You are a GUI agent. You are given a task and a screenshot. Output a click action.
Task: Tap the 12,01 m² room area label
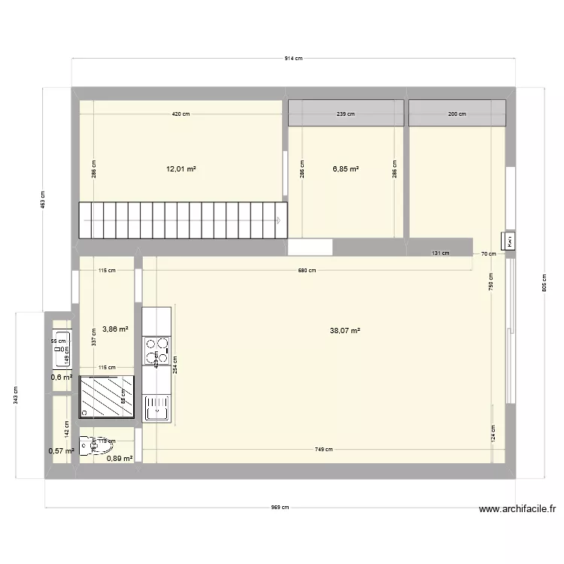pos(181,170)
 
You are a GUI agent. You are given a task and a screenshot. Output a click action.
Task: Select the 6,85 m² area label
pos(346,170)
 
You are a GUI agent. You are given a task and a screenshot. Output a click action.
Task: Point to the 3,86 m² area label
pos(115,329)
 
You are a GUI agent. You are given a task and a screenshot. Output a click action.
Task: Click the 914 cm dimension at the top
pos(293,58)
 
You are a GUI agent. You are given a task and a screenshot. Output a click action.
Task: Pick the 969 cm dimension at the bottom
pos(280,508)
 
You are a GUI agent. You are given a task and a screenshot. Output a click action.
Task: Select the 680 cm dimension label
pos(307,271)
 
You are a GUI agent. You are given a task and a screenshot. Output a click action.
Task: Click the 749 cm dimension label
pos(324,450)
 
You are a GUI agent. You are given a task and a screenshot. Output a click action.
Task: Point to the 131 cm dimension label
pos(441,253)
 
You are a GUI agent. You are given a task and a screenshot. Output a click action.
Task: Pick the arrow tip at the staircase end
pos(280,220)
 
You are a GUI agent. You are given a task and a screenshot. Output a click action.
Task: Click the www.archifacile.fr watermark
pos(517,509)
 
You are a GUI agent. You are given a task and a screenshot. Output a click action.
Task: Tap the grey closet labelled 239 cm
pos(346,114)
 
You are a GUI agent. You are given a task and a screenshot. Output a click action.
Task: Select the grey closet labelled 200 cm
pos(457,114)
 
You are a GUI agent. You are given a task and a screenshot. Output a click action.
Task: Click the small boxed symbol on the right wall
pos(510,241)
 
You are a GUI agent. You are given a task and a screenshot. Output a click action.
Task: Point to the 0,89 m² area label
pos(120,458)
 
